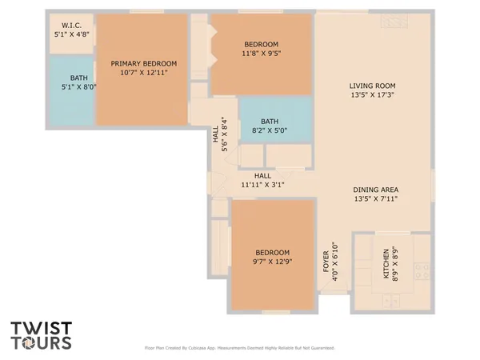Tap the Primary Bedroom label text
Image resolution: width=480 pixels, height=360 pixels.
[144, 63]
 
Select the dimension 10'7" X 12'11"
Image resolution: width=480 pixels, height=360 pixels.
[144, 73]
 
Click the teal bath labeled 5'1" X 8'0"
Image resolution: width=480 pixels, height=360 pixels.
[69, 83]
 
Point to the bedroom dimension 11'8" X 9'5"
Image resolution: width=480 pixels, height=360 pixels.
[262, 54]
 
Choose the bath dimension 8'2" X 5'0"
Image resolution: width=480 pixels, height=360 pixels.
[269, 130]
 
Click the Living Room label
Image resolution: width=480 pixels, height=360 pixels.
[373, 86]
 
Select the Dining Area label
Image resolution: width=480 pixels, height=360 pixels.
[375, 190]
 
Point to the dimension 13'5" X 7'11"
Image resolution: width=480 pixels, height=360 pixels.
[375, 199]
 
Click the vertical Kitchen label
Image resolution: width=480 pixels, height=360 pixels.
[386, 263]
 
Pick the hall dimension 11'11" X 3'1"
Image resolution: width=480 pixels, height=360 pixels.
[263, 185]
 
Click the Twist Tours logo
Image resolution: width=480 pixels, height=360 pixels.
[42, 335]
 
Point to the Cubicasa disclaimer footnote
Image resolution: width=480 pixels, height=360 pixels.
[239, 348]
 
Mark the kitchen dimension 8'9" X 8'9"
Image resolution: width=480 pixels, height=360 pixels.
[396, 263]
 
